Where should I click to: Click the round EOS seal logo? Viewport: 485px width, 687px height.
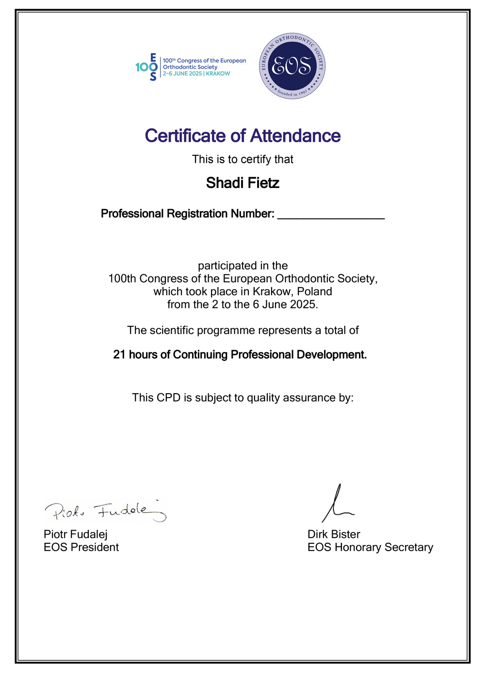pos(292,66)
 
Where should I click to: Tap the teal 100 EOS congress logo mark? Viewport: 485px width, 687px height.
pos(146,67)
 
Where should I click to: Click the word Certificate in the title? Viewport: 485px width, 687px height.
pos(186,136)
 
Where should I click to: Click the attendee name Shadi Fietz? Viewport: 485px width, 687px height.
pos(242,183)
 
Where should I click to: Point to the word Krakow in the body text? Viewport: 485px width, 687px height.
pos(273,291)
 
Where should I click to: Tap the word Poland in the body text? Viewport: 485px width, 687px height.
pos(314,291)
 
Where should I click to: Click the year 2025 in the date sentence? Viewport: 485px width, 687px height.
pos(303,304)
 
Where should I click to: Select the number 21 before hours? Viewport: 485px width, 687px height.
pos(119,355)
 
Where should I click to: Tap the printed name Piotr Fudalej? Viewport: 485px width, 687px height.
pos(76,534)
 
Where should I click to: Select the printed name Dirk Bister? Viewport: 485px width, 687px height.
pos(334,534)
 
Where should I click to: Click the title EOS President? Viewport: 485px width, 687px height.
pos(81,547)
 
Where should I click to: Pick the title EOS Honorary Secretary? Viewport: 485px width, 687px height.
pos(370,547)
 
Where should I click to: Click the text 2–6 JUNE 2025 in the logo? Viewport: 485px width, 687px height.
pos(182,74)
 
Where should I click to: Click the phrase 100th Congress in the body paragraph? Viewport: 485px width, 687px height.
pos(146,279)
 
